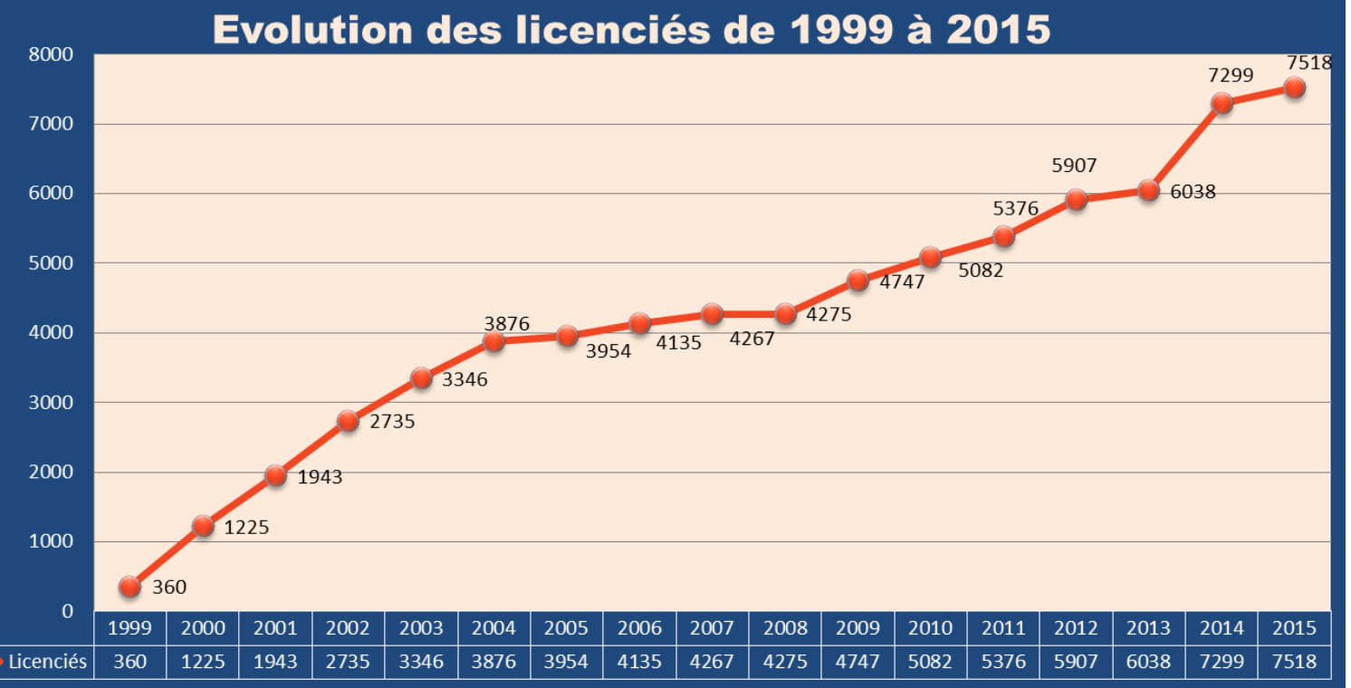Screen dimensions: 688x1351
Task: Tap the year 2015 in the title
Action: pos(999,29)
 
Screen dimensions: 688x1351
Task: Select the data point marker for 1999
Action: pos(129,587)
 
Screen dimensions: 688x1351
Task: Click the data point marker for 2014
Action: pos(1222,102)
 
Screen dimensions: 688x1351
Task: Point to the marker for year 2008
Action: pos(785,314)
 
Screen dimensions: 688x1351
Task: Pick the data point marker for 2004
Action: pos(493,341)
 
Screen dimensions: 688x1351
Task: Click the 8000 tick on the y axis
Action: pos(53,54)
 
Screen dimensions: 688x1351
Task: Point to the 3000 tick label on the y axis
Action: pos(53,403)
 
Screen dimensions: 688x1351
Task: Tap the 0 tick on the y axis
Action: pos(67,612)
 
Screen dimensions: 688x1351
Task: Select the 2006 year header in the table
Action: pos(639,628)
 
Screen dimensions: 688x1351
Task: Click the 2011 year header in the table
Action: pos(1003,628)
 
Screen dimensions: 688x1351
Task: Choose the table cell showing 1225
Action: pos(203,662)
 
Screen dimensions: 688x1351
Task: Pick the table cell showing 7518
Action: pos(1295,662)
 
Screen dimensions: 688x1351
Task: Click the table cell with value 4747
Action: pos(858,662)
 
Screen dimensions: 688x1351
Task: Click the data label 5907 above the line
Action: pos(1074,167)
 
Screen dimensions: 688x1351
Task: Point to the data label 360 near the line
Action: pos(169,588)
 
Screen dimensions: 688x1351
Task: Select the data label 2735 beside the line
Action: pos(392,422)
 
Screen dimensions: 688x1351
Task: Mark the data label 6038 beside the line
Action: pos(1193,193)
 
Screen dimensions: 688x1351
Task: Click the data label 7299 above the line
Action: pos(1231,76)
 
